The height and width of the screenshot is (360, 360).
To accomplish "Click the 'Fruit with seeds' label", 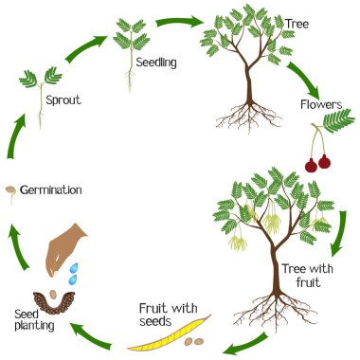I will (169, 314).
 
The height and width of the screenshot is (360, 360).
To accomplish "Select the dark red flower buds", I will (316, 162).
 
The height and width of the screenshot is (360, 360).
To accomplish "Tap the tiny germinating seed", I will (9, 189).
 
